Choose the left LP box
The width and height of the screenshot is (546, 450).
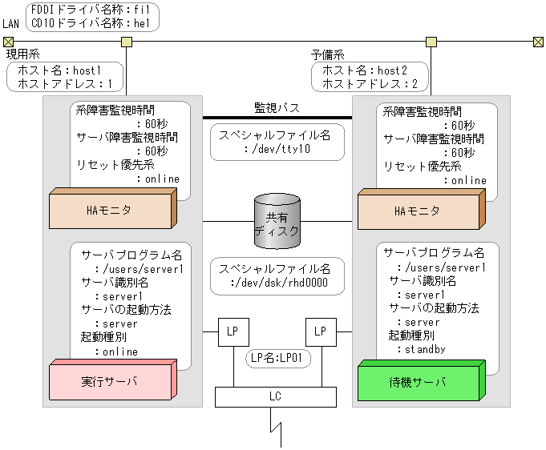232,331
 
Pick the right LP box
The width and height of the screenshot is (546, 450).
320,331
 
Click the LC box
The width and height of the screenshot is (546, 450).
275,396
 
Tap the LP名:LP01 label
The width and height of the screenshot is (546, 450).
277,360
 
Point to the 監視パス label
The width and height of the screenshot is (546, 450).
277,107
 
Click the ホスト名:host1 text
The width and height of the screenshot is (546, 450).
65,70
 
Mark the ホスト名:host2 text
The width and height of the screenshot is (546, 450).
370,70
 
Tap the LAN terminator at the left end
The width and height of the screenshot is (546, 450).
8,42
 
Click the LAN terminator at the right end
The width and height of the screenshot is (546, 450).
538,42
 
